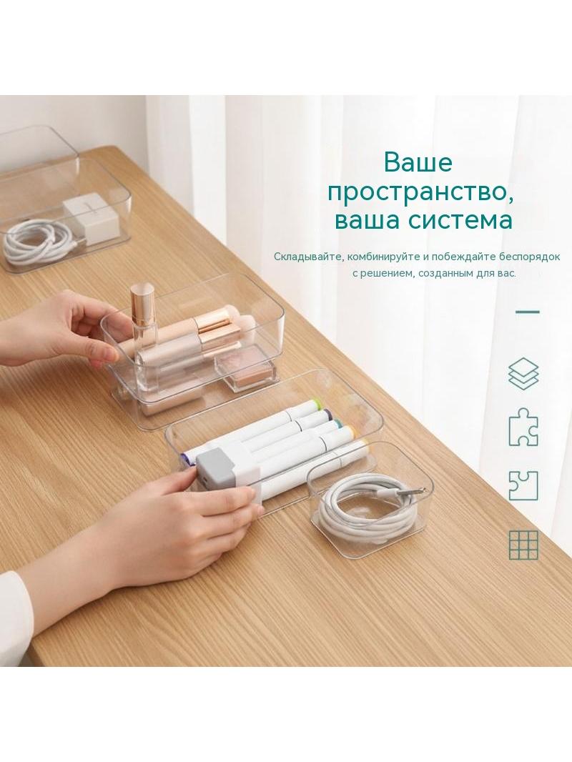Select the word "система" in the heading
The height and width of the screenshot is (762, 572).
tap(460, 219)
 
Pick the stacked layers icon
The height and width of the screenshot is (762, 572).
tap(523, 374)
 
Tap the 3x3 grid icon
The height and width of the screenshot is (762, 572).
tap(523, 545)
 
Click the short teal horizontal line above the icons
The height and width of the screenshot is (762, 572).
tap(527, 312)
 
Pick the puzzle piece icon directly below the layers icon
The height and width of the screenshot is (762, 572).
tap(523, 426)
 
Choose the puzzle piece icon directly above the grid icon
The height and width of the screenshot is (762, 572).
tap(523, 485)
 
